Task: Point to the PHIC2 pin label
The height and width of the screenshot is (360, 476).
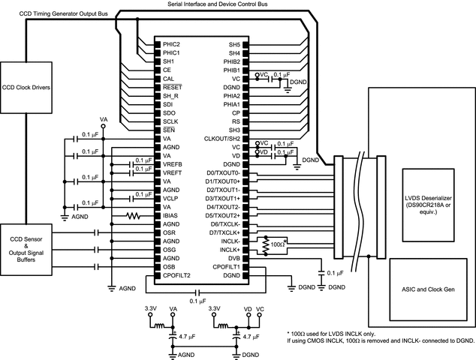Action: pos(173,44)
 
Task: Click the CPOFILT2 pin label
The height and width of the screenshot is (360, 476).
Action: pos(178,275)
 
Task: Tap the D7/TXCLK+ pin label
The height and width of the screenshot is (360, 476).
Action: pos(223,232)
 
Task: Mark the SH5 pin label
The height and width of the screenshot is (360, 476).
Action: pos(233,44)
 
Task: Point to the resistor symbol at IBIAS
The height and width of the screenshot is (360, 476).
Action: pos(133,215)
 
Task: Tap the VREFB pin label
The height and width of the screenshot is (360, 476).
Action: pos(173,164)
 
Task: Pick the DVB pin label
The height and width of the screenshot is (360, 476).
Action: pos(233,258)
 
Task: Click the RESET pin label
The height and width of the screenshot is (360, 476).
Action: pos(172,87)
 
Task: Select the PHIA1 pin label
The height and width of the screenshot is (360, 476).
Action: pos(231,104)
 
